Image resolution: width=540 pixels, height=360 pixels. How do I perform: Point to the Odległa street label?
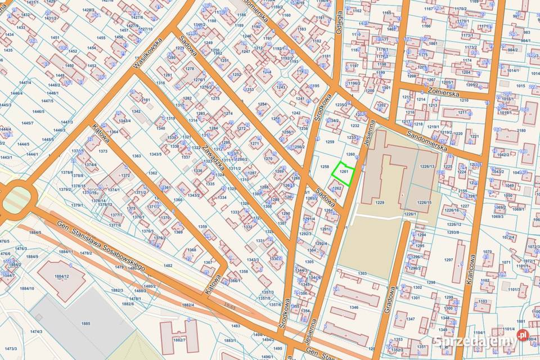(x=339, y=22)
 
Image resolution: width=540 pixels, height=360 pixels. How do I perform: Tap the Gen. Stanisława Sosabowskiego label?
(x=101, y=246)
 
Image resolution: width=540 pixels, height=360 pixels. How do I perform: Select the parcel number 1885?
(x=85, y=323)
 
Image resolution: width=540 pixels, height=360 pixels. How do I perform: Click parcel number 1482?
(x=168, y=265)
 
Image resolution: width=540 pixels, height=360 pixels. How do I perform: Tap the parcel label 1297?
(x=448, y=259)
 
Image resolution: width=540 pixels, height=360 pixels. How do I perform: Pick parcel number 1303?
(x=362, y=273)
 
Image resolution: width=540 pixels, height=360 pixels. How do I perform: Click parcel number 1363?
(x=136, y=156)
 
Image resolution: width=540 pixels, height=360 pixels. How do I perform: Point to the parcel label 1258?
(x=325, y=166)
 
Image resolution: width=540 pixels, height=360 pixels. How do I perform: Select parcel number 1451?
(x=55, y=38)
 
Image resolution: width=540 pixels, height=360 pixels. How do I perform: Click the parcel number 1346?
(x=353, y=308)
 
